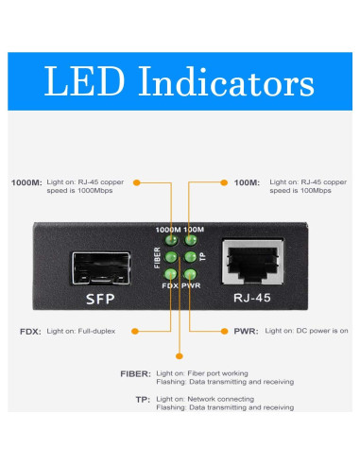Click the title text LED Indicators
180,82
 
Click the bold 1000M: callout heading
26,182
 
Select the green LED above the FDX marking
171,273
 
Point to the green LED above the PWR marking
190,273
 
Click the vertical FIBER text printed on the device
158,257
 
